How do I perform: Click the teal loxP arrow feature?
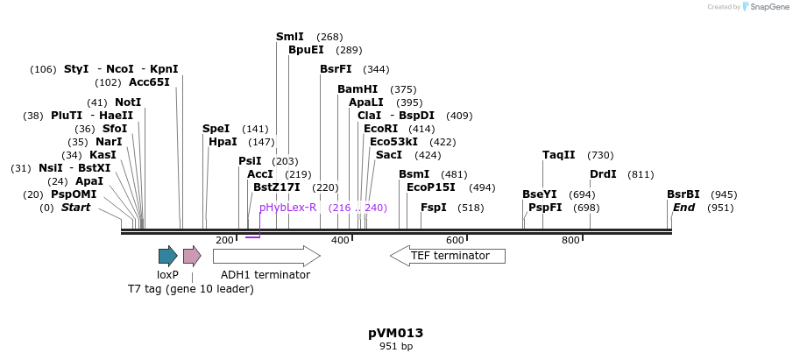tap(167, 256)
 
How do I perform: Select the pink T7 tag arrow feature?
tap(192, 256)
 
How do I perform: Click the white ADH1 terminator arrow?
tap(266, 256)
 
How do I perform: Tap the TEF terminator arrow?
tap(448, 256)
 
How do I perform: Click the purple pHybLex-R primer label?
tap(287, 208)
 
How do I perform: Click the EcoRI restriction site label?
tap(380, 129)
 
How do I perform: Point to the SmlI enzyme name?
tap(289, 37)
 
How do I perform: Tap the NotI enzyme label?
tap(128, 102)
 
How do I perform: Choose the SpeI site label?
tap(216, 129)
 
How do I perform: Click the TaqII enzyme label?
tap(559, 155)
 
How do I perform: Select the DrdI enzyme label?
tap(603, 174)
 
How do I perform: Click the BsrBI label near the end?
tap(683, 194)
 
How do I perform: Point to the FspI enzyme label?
tap(434, 208)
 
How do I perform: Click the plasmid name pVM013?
tap(396, 333)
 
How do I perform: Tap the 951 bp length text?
tap(396, 347)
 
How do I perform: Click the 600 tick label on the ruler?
tap(455, 240)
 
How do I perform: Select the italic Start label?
tap(75, 208)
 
